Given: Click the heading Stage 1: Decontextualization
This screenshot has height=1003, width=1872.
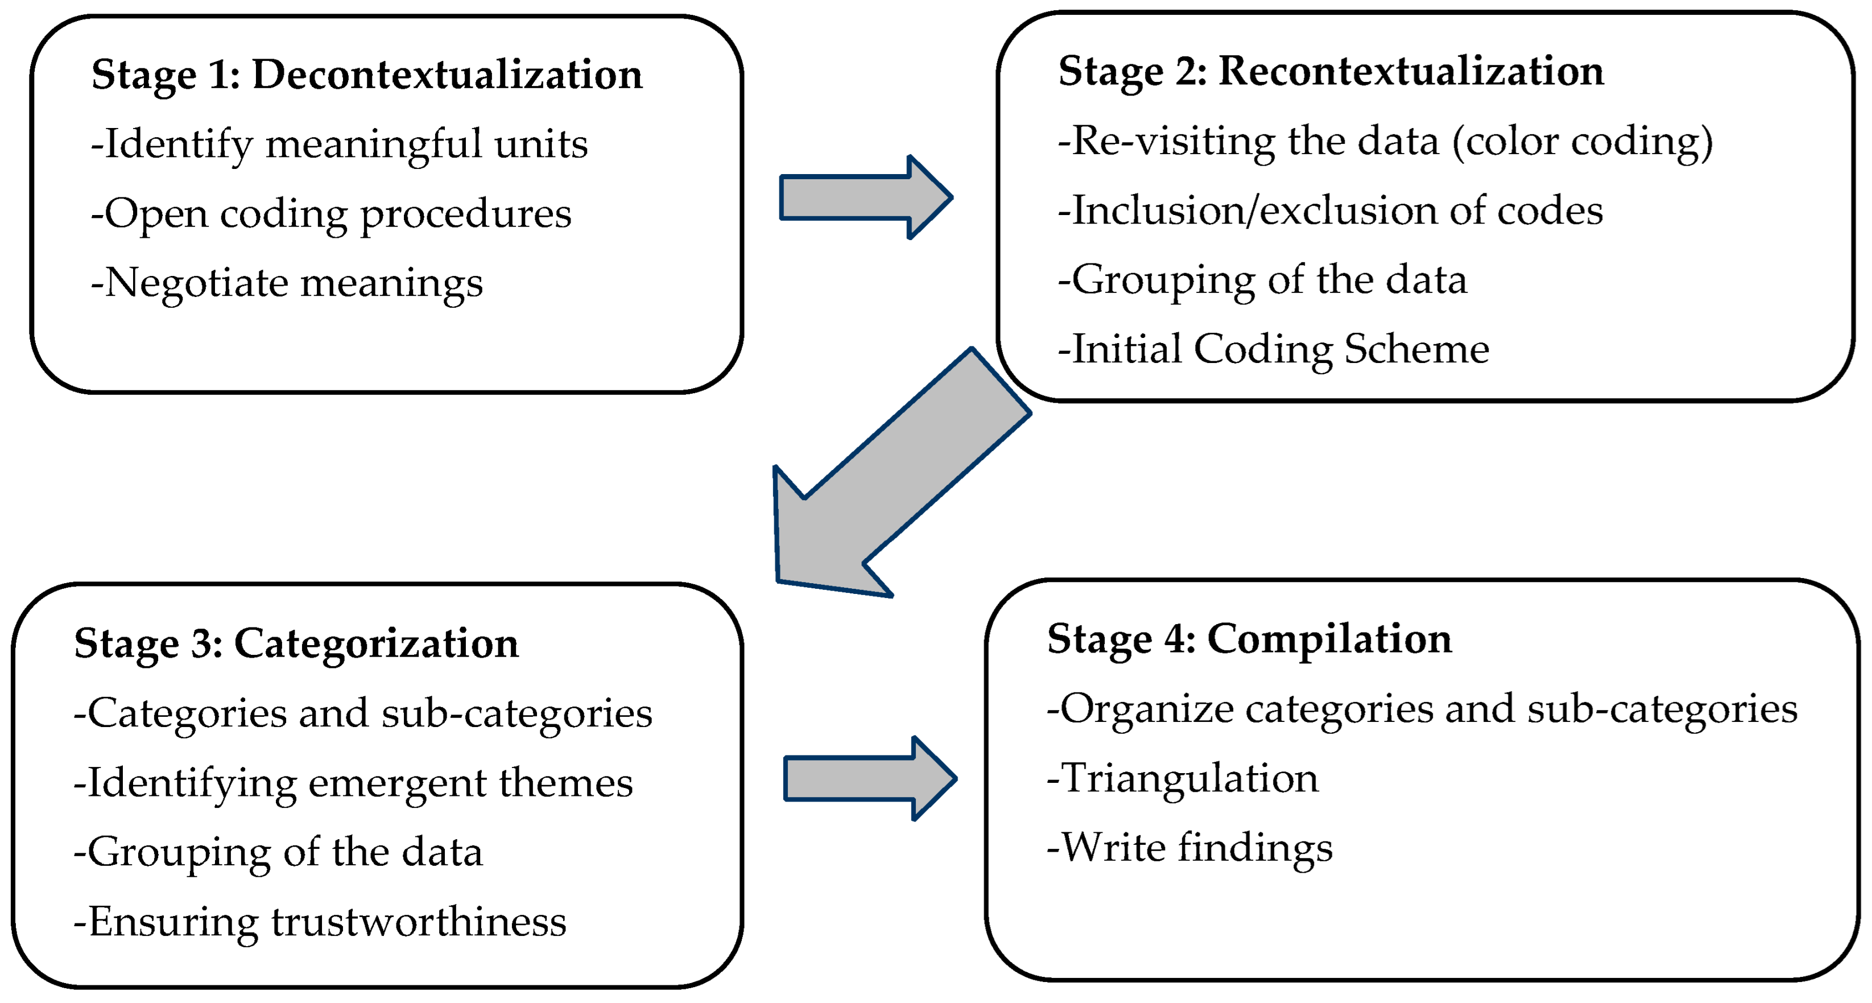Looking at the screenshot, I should coord(367,75).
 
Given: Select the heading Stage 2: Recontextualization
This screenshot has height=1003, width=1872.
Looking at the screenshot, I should coord(1330,71).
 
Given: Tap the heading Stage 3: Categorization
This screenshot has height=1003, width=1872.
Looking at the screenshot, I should coord(296,643).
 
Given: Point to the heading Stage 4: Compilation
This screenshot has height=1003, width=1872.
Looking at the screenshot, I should coord(1249,639).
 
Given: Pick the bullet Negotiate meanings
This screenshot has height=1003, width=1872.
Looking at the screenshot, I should coord(287,283).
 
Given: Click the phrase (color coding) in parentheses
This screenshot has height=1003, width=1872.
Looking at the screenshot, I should coord(1582,141).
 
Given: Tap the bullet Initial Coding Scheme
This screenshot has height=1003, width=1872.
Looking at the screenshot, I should coord(1273,349).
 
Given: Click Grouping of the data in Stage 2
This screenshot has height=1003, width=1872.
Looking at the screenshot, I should coord(1262,280).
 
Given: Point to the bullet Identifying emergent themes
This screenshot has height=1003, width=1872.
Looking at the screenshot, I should coord(354,783).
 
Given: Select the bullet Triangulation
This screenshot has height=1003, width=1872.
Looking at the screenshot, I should coord(1183,778).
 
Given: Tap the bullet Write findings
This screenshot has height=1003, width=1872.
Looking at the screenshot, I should coord(1189,848).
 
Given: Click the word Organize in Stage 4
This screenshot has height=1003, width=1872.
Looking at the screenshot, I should coord(1147,709).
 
